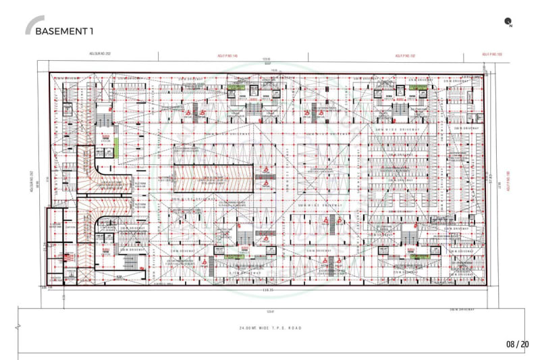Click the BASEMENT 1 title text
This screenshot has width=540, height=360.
tap(64, 31)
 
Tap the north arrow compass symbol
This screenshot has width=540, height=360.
tap(508, 23)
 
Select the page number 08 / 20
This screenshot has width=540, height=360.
tap(517, 344)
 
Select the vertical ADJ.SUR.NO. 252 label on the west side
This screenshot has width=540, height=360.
tap(32, 182)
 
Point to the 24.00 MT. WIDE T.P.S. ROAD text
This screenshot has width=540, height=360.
tap(270, 328)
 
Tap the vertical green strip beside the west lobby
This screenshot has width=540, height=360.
tap(116, 144)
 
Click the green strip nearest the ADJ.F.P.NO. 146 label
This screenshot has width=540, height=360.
tap(236, 88)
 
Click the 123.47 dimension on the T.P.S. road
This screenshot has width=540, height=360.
tap(271, 311)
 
